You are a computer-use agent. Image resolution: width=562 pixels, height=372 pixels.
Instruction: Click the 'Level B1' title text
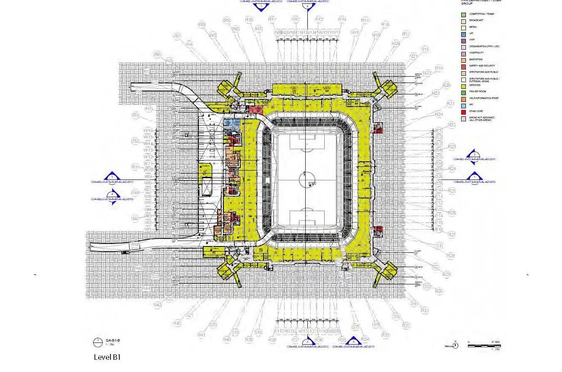pyautogui.click(x=107, y=357)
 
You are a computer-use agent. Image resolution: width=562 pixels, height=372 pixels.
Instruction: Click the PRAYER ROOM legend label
pyautogui.click(x=477, y=92)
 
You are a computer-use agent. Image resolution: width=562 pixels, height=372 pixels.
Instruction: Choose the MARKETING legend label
pyautogui.click(x=476, y=59)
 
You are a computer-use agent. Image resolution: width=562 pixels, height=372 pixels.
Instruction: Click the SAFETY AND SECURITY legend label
pyautogui.click(x=482, y=66)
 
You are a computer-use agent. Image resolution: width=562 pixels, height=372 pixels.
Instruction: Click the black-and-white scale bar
pyautogui.click(x=484, y=346)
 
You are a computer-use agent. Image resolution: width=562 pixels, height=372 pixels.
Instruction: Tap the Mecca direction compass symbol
pyautogui.click(x=455, y=346)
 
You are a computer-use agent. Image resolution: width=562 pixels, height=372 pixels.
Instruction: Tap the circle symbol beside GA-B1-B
pyautogui.click(x=98, y=341)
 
